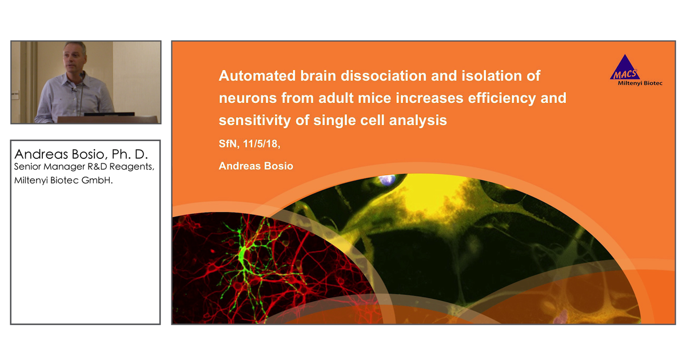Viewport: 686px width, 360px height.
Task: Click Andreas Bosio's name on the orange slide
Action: [256, 166]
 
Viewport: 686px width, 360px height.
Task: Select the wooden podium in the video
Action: [109, 119]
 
